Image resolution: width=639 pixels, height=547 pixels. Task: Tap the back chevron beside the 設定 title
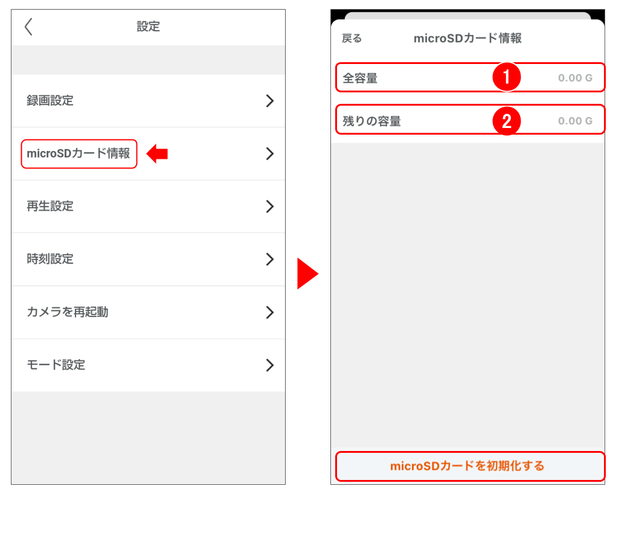pos(28,27)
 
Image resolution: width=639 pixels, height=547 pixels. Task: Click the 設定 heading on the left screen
pos(149,27)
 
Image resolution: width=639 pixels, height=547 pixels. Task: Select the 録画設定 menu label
pos(50,101)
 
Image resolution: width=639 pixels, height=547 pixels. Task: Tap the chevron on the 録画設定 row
pos(269,101)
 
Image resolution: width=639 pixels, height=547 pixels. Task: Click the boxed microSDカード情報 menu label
pos(79,153)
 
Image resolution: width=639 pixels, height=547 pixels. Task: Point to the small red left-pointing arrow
pos(157,153)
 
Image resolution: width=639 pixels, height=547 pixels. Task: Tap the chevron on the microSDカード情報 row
pos(269,153)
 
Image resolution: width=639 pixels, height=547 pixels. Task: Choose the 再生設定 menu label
pos(50,206)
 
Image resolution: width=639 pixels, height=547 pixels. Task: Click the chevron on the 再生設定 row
pos(269,206)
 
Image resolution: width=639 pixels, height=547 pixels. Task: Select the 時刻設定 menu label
pos(50,259)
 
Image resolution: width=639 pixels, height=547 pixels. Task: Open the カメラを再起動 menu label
pos(68,312)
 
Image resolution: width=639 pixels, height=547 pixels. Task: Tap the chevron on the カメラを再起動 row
pos(269,312)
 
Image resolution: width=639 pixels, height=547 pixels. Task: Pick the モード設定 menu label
pos(56,365)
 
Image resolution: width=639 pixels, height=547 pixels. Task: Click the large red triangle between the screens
pos(307,273)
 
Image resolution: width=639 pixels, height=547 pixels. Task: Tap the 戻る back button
pos(352,38)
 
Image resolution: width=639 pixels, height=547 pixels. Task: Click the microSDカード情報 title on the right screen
pos(467,38)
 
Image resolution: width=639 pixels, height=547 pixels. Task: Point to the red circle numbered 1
pos(507,77)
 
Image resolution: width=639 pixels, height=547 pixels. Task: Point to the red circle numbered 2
pos(507,121)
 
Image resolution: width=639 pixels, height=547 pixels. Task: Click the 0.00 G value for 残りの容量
pos(575,121)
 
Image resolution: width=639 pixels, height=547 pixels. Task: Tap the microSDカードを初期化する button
pos(470,466)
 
